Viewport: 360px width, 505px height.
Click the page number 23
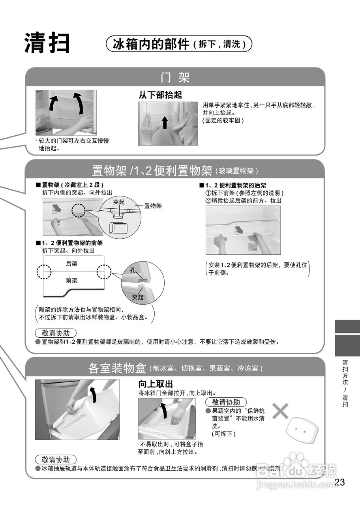click(x=339, y=482)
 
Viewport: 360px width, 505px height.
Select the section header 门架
click(x=175, y=77)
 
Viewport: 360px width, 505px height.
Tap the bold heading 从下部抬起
click(x=160, y=95)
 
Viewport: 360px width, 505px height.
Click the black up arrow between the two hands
click(x=165, y=123)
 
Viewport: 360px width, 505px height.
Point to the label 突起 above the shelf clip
click(x=119, y=202)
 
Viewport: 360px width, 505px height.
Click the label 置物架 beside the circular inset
click(x=153, y=206)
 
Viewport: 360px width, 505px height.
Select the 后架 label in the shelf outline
click(x=72, y=264)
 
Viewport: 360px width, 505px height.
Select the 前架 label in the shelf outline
click(x=72, y=281)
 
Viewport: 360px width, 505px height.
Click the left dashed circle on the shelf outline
click(x=43, y=272)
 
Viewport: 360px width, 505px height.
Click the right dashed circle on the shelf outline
click(x=104, y=272)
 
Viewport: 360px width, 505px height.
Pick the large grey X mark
click(x=281, y=411)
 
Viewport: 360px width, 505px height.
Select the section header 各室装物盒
click(x=117, y=368)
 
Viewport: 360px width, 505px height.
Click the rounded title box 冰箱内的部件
click(x=179, y=44)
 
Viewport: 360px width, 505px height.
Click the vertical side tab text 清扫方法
click(x=345, y=373)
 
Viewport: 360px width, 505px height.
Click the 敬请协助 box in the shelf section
click(x=56, y=332)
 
